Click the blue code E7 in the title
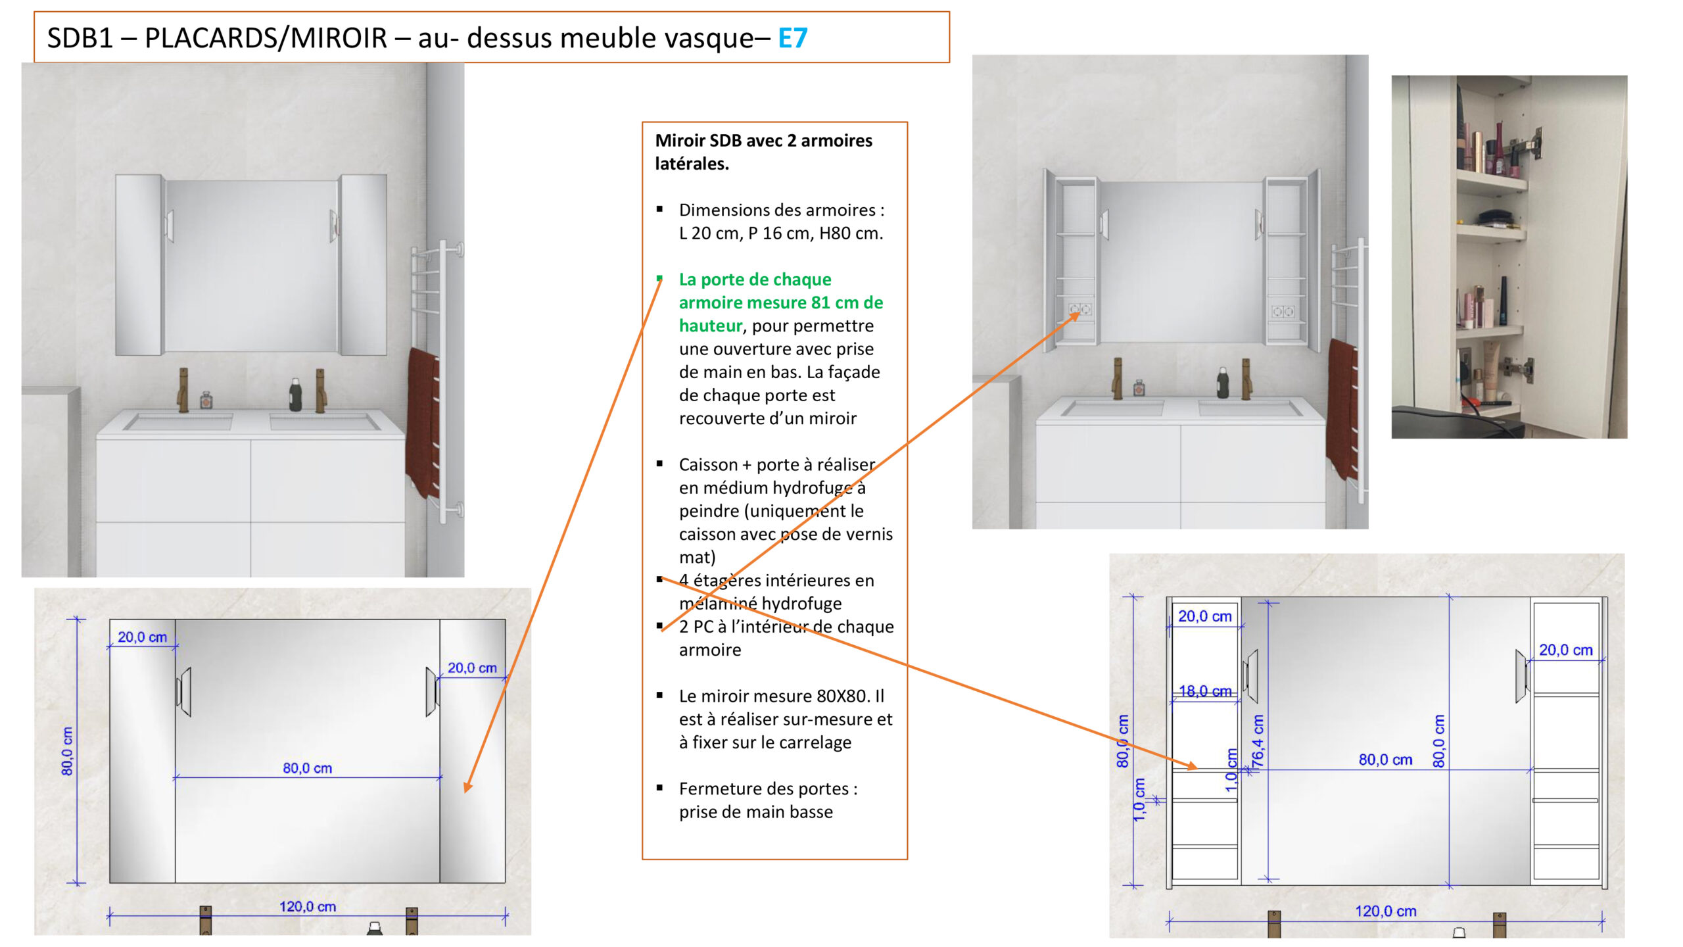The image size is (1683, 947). [x=792, y=38]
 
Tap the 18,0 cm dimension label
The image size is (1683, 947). [x=1204, y=691]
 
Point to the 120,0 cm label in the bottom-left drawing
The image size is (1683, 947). [x=307, y=907]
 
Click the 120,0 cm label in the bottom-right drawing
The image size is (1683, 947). [x=1385, y=911]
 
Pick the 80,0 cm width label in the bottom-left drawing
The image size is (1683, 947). [x=307, y=768]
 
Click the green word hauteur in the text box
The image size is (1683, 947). [x=710, y=326]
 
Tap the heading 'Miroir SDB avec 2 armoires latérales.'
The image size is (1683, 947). [x=763, y=152]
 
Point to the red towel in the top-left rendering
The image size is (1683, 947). [x=422, y=421]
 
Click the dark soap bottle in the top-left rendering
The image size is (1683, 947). [x=296, y=395]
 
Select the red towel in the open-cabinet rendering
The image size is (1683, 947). [x=1342, y=408]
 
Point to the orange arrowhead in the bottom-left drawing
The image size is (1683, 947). [x=467, y=787]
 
